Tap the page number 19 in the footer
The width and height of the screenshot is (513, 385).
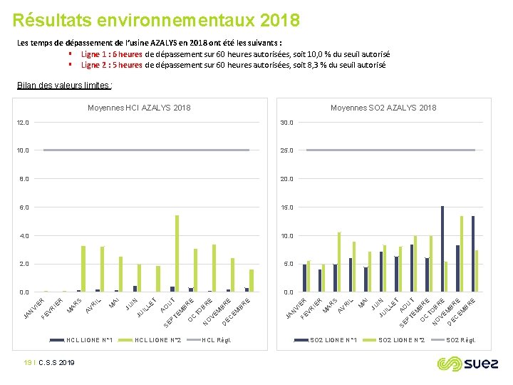(x=27, y=363)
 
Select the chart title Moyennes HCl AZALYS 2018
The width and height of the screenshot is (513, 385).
(x=139, y=108)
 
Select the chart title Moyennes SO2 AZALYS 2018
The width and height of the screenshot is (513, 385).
(x=383, y=108)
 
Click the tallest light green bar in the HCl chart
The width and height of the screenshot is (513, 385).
(x=177, y=253)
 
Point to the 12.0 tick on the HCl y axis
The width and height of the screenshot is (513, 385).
(x=24, y=123)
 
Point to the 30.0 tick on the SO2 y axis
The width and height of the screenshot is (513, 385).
(x=286, y=123)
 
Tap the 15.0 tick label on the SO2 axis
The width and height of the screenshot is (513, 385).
(x=286, y=207)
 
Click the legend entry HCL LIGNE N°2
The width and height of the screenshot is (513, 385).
(x=157, y=340)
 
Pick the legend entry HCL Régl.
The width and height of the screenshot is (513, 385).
(x=217, y=340)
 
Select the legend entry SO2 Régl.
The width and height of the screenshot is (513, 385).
(x=462, y=340)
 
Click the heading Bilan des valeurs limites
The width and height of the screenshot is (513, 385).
(x=63, y=86)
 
